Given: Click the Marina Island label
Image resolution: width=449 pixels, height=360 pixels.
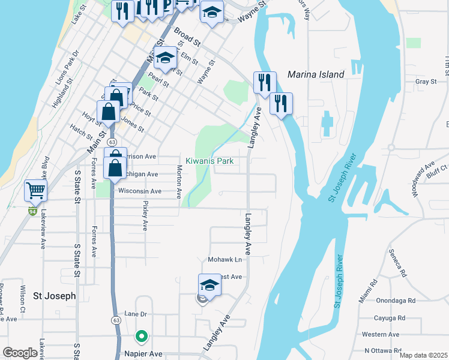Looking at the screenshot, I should pos(316,74).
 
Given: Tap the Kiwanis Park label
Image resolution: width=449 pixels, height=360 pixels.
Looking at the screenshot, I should pos(209,161).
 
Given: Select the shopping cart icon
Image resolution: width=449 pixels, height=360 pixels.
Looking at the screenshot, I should pos(35,191).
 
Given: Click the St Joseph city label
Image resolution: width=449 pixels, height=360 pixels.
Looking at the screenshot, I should pos(54,296).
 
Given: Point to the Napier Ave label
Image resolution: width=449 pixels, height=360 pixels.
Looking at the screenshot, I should pos(141,354).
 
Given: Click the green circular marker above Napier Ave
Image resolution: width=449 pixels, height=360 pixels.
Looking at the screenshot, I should pos(141,337).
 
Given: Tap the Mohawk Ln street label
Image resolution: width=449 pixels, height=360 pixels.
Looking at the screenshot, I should pos(225,260).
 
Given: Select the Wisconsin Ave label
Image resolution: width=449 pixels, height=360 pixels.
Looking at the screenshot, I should pos(140,191).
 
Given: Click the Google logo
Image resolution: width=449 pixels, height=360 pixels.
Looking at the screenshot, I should pos(20,353).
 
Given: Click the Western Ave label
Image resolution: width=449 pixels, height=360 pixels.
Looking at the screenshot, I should pos(381,334).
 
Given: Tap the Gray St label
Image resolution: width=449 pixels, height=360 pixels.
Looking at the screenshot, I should pos(425,82).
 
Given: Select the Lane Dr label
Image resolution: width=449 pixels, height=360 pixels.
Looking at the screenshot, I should pos(135,314).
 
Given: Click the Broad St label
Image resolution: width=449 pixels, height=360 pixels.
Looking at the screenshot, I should pos(187,37).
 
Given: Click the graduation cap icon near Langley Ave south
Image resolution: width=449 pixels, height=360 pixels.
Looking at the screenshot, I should pos(209,284).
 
